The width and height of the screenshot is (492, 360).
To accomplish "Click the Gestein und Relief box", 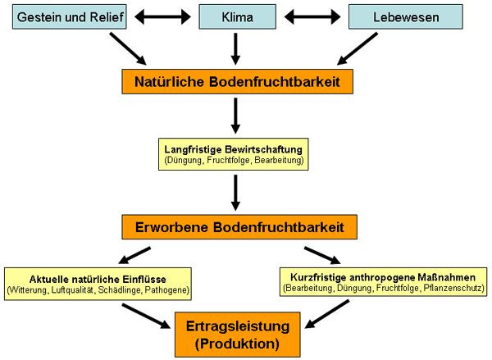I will click(x=67, y=16).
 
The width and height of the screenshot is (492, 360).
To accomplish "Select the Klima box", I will click(x=235, y=16).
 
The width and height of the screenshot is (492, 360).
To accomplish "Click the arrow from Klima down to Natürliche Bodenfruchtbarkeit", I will click(x=235, y=47).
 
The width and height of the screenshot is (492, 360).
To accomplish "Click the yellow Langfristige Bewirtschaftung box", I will click(x=235, y=154).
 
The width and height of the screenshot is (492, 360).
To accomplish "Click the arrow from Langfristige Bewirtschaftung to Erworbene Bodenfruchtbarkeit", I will click(x=235, y=192).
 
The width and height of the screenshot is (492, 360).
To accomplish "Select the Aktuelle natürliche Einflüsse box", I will click(x=98, y=281).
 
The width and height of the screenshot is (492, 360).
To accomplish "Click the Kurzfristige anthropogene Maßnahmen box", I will click(x=384, y=281).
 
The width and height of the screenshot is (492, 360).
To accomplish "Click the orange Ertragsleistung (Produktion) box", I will click(x=236, y=334).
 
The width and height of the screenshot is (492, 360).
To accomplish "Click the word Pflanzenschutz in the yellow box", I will click(x=457, y=289).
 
